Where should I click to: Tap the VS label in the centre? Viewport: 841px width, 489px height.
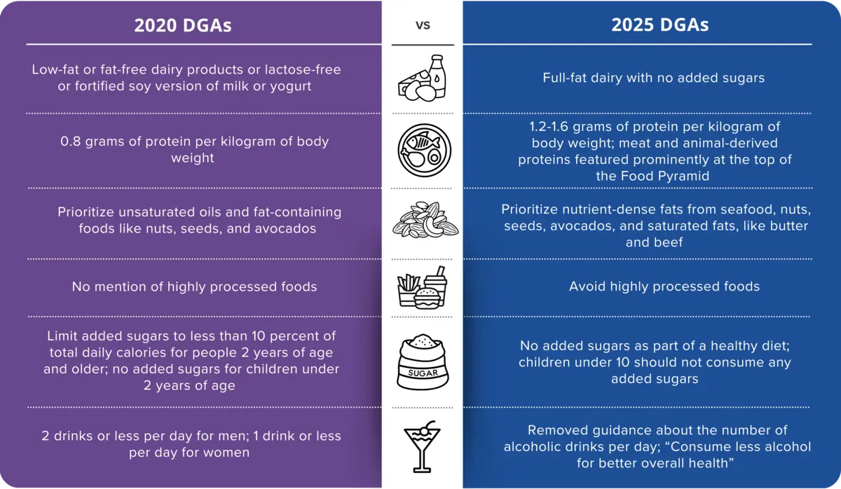pyautogui.click(x=422, y=25)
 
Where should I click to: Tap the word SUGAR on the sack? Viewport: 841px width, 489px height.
pyautogui.click(x=423, y=373)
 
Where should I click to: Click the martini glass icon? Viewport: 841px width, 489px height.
pyautogui.click(x=423, y=447)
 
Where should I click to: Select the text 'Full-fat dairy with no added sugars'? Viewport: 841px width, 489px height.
pyautogui.click(x=653, y=78)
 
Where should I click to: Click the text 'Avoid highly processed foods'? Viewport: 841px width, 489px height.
pyautogui.click(x=664, y=287)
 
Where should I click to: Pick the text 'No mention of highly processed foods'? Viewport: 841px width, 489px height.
pyautogui.click(x=194, y=287)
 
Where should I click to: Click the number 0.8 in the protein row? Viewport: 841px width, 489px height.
pyautogui.click(x=72, y=142)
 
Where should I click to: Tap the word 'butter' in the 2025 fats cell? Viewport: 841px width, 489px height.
pyautogui.click(x=789, y=226)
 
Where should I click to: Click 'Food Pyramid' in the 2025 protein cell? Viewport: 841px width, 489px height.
pyautogui.click(x=672, y=176)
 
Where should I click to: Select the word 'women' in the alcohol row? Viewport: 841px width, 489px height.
pyautogui.click(x=226, y=453)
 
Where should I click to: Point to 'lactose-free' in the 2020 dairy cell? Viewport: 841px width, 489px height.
pyautogui.click(x=304, y=70)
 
